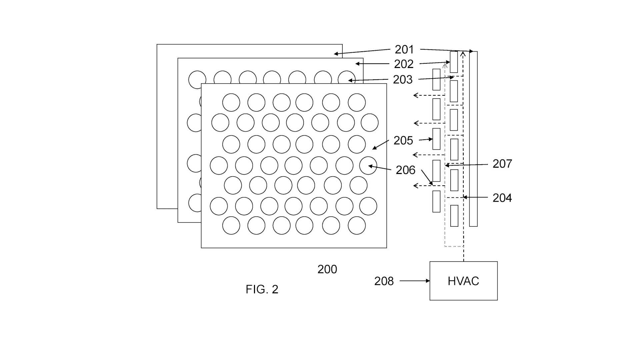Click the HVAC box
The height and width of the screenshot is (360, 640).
click(x=463, y=281)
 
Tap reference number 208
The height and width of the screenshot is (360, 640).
click(x=384, y=281)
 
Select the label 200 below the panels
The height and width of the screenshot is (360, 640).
click(x=327, y=269)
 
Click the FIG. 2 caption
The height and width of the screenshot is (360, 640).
click(x=262, y=289)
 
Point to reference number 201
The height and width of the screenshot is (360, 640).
click(x=404, y=50)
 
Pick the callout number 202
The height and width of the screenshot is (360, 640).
click(x=404, y=64)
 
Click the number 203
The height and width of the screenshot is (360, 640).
click(x=403, y=80)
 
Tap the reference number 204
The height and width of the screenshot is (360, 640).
click(x=502, y=198)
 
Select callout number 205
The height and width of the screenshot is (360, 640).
click(x=403, y=141)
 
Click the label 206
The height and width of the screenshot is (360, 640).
click(x=405, y=170)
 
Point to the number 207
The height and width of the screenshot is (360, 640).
click(x=502, y=164)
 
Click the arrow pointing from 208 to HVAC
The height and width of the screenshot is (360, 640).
click(x=415, y=281)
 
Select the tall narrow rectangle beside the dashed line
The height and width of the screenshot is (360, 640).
click(x=473, y=139)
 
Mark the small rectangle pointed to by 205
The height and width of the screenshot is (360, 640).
click(x=436, y=139)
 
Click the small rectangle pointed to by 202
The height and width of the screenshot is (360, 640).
click(x=454, y=62)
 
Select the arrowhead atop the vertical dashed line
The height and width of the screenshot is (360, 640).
click(x=463, y=53)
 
